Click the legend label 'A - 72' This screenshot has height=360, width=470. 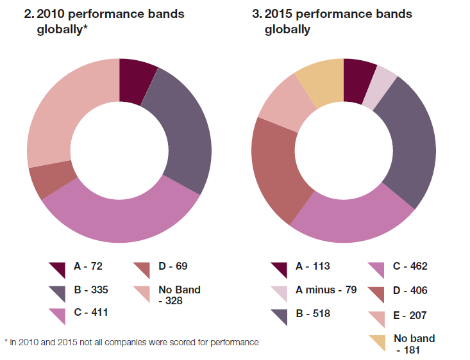pyautogui.click(x=88, y=266)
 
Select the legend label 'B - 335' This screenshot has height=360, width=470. pyautogui.click(x=90, y=290)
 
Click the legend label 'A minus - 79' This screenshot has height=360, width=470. pyautogui.click(x=324, y=290)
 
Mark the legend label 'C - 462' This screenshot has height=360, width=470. pyautogui.click(x=410, y=266)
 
